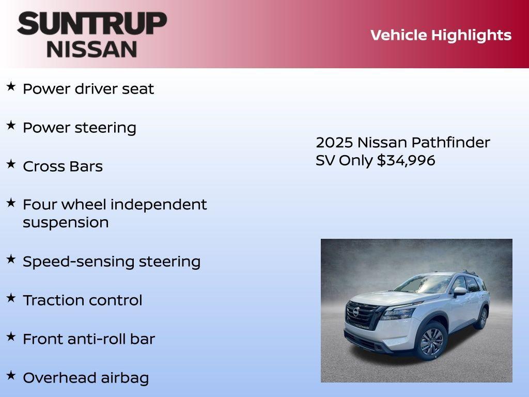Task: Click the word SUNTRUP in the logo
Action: pos(92,23)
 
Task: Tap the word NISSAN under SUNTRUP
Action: pos(92,49)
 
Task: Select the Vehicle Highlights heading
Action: pos(441,35)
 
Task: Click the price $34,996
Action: pos(406,160)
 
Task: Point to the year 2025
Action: pos(334,143)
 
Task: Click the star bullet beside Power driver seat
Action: pos(11,86)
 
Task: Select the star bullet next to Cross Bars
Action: pos(11,164)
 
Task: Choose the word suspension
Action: pos(66,223)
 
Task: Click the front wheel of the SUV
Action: pos(431,341)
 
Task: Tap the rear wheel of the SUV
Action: pos(483,317)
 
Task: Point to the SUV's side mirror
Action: pos(459,292)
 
